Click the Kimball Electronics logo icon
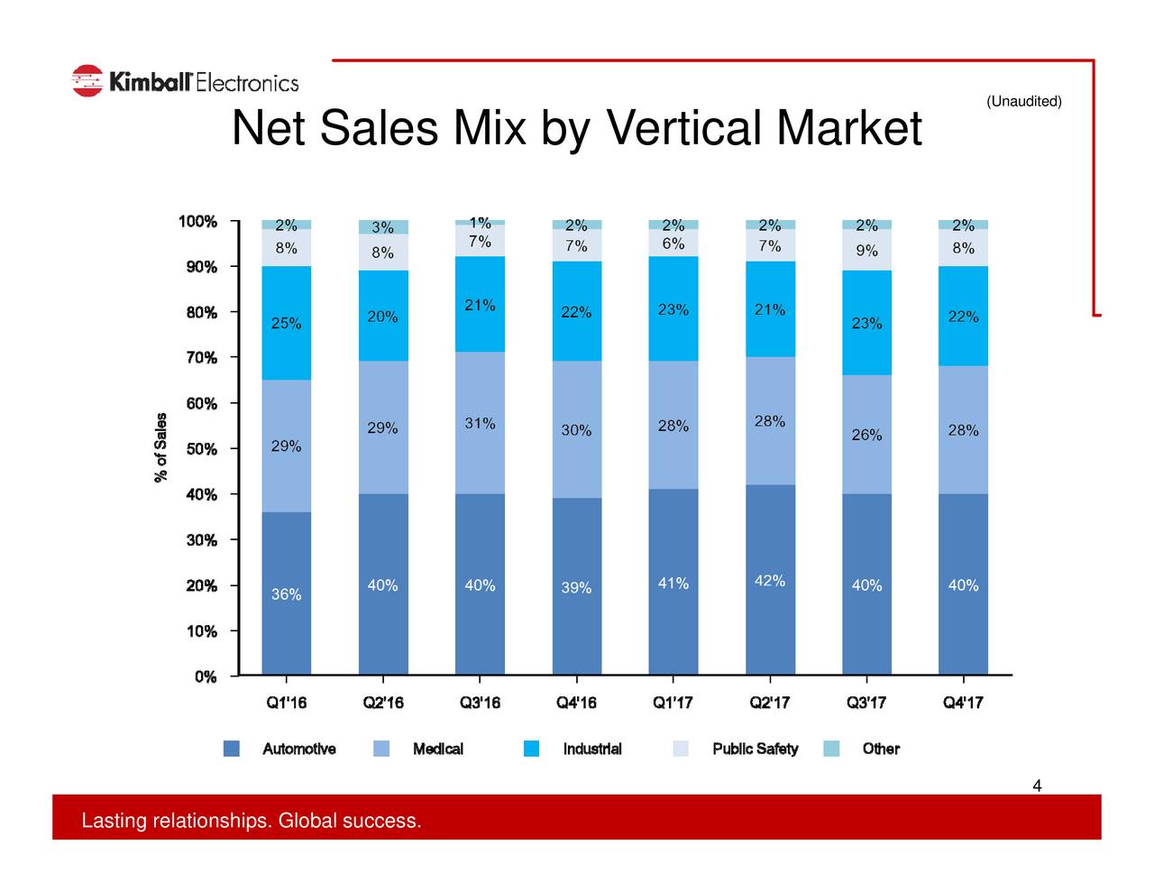tap(87, 81)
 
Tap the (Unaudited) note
tap(1023, 101)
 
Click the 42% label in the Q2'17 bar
tap(769, 580)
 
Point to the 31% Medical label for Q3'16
tap(480, 424)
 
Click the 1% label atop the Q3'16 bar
tap(480, 222)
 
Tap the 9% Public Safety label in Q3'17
tap(866, 251)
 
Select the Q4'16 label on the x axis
tap(576, 703)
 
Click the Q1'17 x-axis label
tap(673, 703)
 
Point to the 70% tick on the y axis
tap(201, 358)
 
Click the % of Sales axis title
tap(161, 447)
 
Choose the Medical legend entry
tap(437, 749)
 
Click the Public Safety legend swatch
tap(681, 749)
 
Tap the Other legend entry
tap(880, 749)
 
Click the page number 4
tap(1037, 786)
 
